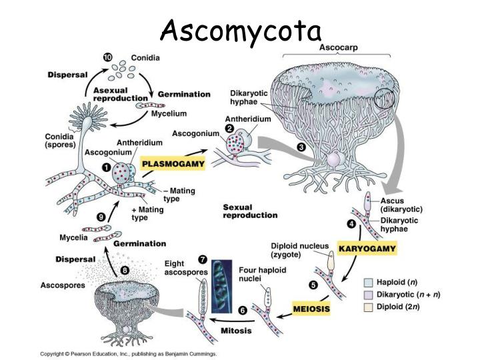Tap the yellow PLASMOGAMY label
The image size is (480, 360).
[x=173, y=163]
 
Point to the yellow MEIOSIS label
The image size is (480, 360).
[x=311, y=309]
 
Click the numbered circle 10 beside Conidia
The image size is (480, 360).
[x=107, y=58]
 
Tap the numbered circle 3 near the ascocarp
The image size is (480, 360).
[x=301, y=148]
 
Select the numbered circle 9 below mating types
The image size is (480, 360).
[x=101, y=216]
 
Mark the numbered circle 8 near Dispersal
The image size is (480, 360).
[x=125, y=271]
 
